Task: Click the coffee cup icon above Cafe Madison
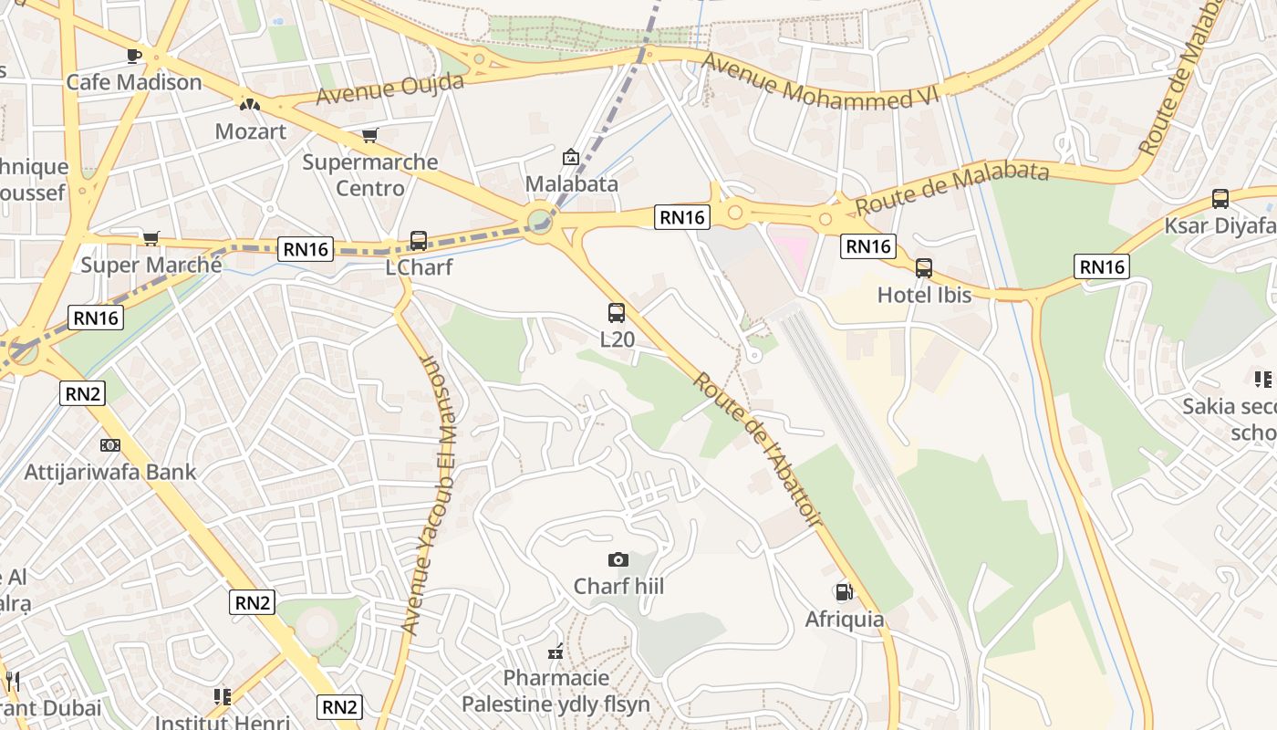tap(134, 56)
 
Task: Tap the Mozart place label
tap(250, 131)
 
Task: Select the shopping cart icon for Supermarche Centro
tap(369, 136)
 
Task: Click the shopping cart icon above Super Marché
tap(151, 238)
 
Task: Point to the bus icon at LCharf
tap(419, 241)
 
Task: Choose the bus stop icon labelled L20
tap(617, 313)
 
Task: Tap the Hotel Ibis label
tap(924, 295)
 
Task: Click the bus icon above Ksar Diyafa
tap(1220, 199)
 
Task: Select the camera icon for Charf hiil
tap(618, 559)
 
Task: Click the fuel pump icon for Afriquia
tap(845, 592)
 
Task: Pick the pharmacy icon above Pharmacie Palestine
tap(555, 652)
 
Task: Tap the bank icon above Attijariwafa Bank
tap(109, 445)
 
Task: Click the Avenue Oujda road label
tap(390, 89)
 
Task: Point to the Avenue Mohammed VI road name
tap(821, 82)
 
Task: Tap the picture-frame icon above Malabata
tap(571, 157)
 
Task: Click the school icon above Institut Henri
tap(222, 697)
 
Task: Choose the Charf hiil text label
tap(618, 586)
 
